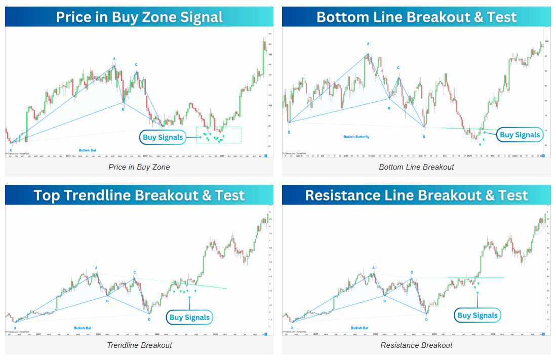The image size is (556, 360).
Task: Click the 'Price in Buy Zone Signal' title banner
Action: [x=139, y=17]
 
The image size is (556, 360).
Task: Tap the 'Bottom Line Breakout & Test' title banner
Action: [x=416, y=17]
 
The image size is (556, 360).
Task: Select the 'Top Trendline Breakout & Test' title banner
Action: [x=139, y=195]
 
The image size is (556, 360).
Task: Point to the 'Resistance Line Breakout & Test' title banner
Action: [x=416, y=195]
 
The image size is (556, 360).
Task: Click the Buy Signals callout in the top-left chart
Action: [x=163, y=137]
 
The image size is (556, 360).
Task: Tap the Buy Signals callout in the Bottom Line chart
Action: [x=520, y=135]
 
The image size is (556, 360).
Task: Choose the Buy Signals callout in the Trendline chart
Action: [x=189, y=317]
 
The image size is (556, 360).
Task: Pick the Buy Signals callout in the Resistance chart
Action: [x=478, y=315]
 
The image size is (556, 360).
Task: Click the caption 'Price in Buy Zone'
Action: [x=139, y=167]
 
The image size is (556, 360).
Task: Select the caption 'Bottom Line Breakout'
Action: [x=416, y=167]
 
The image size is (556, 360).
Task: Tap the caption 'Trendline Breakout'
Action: [x=139, y=345]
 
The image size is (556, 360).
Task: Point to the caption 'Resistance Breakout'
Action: [x=416, y=345]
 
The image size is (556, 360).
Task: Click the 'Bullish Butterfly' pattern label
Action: [x=356, y=137]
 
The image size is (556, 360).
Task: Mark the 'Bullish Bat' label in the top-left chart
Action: [x=88, y=150]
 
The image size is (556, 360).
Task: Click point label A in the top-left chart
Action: [x=114, y=59]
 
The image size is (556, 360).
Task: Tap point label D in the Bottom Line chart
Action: [x=424, y=136]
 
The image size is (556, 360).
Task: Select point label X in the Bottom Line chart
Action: [x=289, y=132]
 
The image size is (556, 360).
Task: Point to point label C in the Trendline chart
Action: [x=134, y=272]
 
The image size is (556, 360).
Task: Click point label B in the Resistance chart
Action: [x=384, y=301]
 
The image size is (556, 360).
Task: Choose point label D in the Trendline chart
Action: [x=149, y=319]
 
